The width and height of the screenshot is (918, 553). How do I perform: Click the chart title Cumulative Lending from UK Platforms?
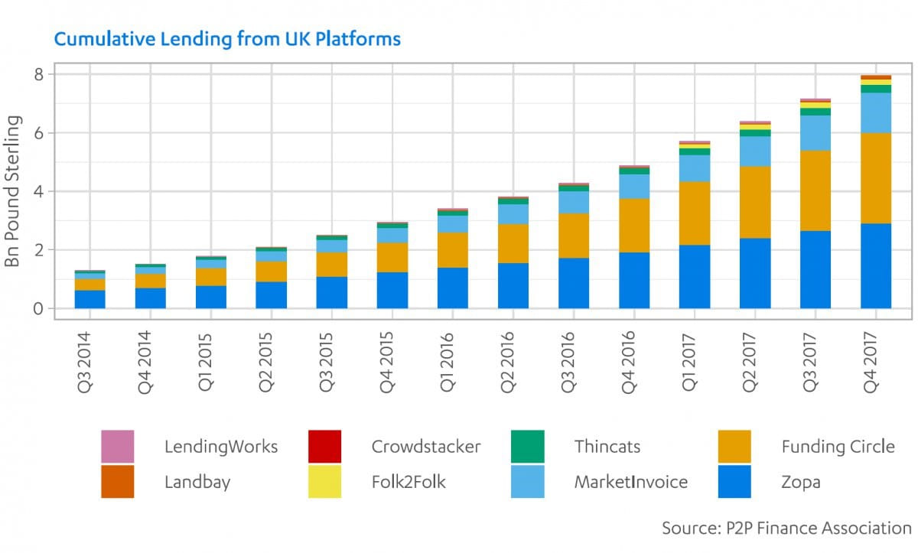226,38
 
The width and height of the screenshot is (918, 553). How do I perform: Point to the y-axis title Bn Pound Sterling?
13,191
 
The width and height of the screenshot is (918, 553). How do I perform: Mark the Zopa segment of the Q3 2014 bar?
90,299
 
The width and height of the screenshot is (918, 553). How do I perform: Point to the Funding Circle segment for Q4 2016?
634,225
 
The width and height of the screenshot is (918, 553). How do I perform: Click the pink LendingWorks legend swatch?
117,447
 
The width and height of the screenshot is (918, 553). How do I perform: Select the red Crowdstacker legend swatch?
324,447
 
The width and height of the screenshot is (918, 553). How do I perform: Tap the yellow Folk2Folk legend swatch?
324,482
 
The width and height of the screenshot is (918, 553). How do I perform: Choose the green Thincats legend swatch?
528,447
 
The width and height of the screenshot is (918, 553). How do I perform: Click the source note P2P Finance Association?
786,528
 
